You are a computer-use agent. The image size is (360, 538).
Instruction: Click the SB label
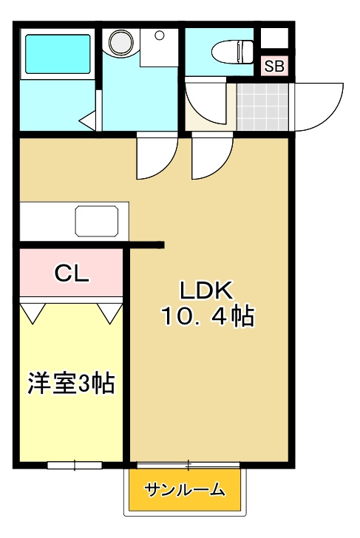[x=274, y=66]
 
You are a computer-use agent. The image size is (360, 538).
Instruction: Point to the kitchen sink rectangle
[x=96, y=220]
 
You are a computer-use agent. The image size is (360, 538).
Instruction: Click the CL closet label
[x=72, y=273]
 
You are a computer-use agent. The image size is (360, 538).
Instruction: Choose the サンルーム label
[x=185, y=489]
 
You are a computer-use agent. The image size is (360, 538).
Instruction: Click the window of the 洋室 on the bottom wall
[x=75, y=465]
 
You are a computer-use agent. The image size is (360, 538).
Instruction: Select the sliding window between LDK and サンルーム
[x=189, y=465]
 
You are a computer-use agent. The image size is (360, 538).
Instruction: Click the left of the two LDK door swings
[x=154, y=156]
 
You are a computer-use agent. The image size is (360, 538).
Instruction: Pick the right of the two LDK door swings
[x=211, y=156]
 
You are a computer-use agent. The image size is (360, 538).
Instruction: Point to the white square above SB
[x=274, y=39]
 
